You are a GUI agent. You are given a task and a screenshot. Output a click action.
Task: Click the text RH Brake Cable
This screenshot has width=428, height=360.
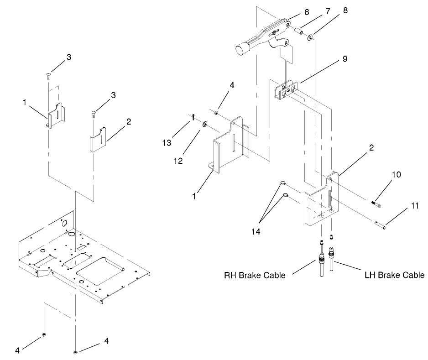(x=255, y=275)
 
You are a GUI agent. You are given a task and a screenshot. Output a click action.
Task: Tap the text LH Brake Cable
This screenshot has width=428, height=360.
(x=395, y=275)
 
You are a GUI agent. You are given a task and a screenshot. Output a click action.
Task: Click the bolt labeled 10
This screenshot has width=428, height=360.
(x=377, y=204)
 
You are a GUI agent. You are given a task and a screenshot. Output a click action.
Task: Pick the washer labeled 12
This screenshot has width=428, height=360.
(x=205, y=123)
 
